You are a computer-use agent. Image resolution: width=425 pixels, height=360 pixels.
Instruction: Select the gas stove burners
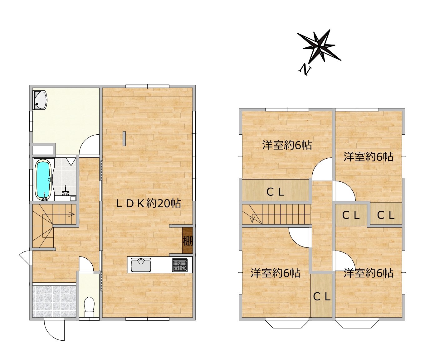point(180,265)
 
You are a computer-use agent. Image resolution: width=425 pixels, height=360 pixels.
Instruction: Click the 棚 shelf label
point(188,241)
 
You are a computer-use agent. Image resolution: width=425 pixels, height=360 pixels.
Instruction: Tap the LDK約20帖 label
point(149,204)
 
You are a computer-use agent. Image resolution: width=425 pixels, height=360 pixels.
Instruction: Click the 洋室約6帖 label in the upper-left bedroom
point(287,145)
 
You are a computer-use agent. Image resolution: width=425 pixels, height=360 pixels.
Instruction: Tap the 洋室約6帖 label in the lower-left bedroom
point(275,273)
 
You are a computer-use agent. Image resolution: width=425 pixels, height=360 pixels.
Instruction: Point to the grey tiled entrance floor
point(54,301)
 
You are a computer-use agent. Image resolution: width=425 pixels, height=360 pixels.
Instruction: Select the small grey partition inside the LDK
point(124,139)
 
